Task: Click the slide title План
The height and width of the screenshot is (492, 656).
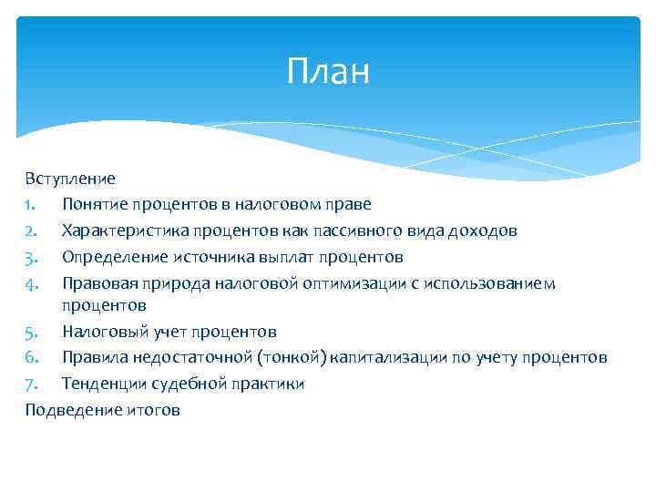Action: click(x=328, y=70)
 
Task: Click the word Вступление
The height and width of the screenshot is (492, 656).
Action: click(x=70, y=178)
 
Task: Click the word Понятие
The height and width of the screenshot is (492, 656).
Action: click(x=94, y=204)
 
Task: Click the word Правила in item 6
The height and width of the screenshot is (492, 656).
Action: click(x=94, y=357)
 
